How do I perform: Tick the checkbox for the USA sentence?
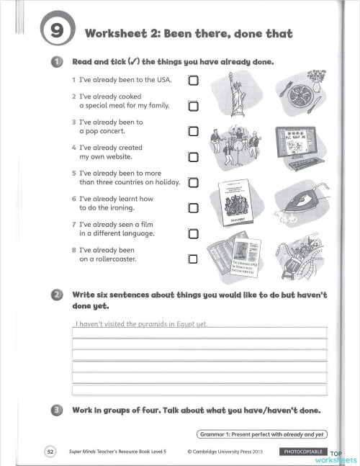pyautogui.click(x=193, y=80)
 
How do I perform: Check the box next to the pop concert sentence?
pyautogui.click(x=193, y=132)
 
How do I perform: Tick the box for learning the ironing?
pyautogui.click(x=193, y=208)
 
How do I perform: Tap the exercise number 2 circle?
pyautogui.click(x=55, y=295)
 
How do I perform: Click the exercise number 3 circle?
pyautogui.click(x=55, y=411)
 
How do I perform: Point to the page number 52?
pyautogui.click(x=50, y=452)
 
